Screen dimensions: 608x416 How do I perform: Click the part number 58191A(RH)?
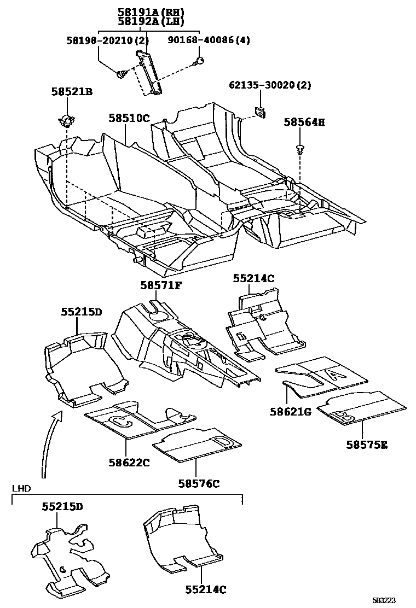(151, 12)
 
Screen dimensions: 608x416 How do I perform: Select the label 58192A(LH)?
(151, 22)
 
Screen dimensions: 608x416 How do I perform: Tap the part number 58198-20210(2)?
(107, 41)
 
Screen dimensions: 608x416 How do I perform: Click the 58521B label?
(72, 92)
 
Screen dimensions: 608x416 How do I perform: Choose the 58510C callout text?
(129, 118)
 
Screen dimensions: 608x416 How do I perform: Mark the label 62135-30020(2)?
(270, 85)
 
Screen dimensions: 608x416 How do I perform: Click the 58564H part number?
(304, 122)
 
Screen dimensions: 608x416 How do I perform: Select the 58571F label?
(160, 285)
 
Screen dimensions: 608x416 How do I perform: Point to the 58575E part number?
(366, 445)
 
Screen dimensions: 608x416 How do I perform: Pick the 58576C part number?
(199, 483)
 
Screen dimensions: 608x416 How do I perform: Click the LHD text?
(22, 488)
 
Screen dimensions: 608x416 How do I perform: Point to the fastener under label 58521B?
(66, 119)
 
